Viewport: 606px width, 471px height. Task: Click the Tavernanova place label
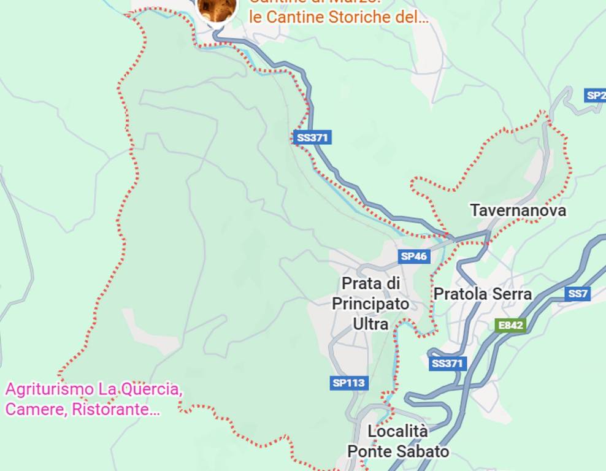518,211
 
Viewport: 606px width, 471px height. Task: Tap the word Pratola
459,294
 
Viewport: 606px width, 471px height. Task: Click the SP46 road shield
413,256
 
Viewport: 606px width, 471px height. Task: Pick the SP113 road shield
349,383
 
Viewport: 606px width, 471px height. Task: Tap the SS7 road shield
578,294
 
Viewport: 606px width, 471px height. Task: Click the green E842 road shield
510,326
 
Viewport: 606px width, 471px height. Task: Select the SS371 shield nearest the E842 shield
448,364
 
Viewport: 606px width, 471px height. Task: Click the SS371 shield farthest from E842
313,137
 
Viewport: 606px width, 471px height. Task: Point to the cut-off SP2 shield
595,95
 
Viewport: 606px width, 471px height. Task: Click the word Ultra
370,323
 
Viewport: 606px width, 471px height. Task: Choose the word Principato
370,304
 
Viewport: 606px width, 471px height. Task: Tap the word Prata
359,283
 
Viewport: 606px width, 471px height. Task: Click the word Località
397,431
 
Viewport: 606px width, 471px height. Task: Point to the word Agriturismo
48,389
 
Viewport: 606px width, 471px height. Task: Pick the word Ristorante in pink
116,410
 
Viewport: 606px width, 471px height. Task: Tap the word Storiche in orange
361,17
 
